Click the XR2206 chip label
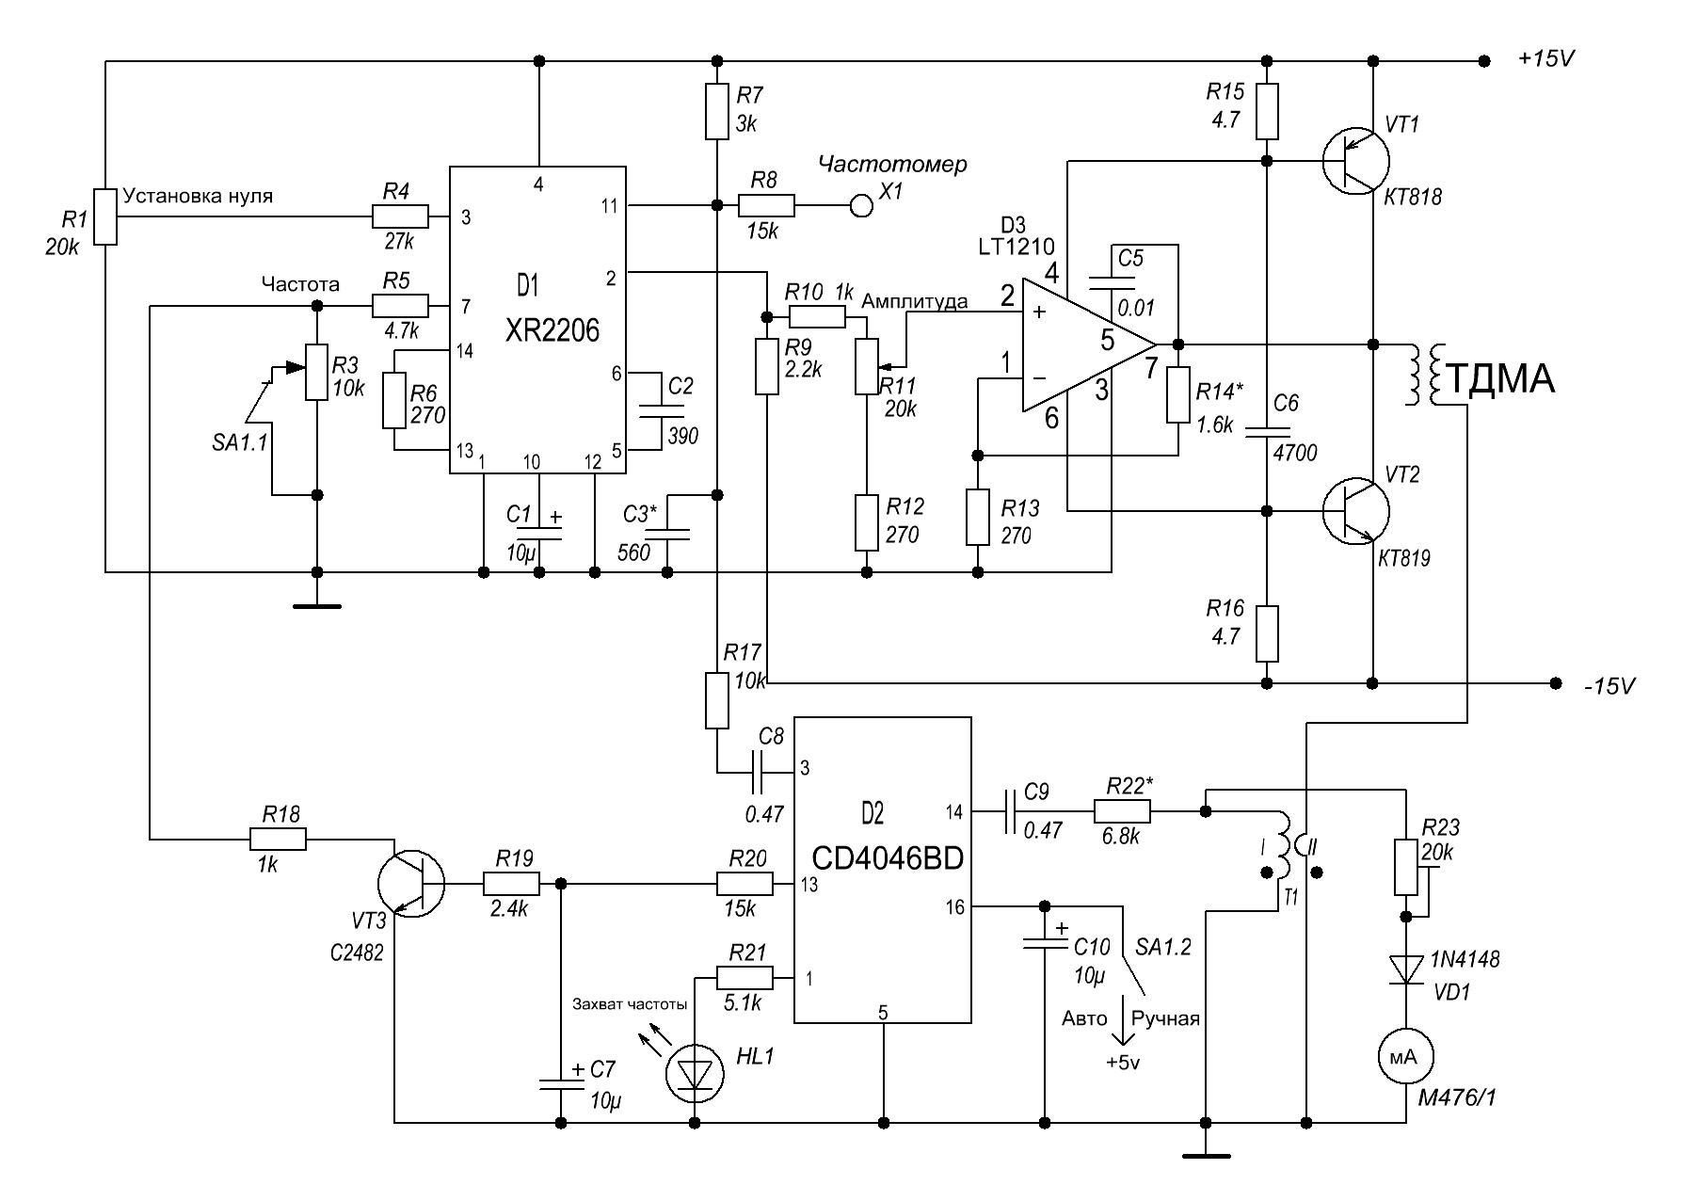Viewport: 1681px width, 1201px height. pyautogui.click(x=552, y=330)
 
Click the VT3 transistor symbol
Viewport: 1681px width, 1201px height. pyautogui.click(x=411, y=885)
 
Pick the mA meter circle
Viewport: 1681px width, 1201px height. pyautogui.click(x=1403, y=1057)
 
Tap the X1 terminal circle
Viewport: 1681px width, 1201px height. pyautogui.click(x=860, y=204)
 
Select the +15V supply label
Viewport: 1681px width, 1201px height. pyautogui.click(x=1546, y=58)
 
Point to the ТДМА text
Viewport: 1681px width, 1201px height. pyautogui.click(x=1498, y=378)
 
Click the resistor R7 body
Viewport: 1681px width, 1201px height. pyautogui.click(x=717, y=111)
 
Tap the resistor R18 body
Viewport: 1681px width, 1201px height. pyautogui.click(x=278, y=839)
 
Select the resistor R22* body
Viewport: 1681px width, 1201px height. pyautogui.click(x=1121, y=809)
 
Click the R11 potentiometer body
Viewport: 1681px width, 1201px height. pyautogui.click(x=865, y=366)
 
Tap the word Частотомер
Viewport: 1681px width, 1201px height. pyautogui.click(x=892, y=165)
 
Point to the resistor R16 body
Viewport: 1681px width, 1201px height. pyautogui.click(x=1267, y=634)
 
